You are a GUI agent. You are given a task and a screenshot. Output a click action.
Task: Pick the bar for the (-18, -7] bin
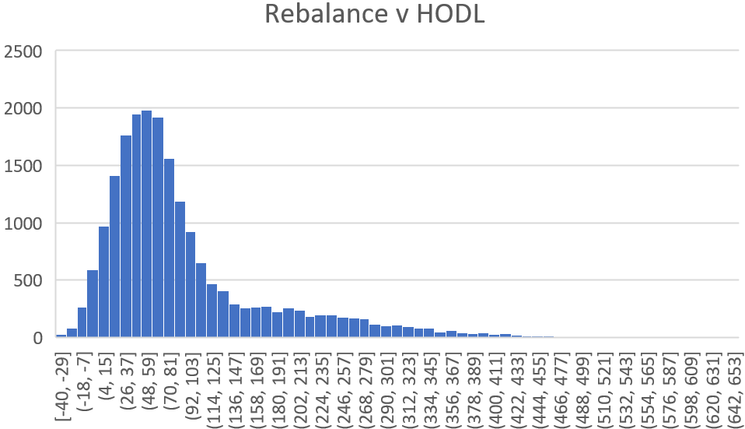click(82, 322)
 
